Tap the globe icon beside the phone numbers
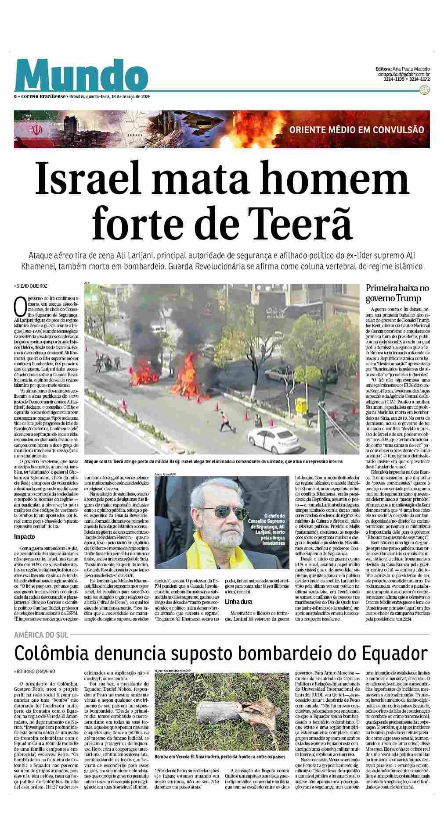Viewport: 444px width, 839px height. (x=424, y=90)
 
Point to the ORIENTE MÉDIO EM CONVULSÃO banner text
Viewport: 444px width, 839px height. (x=357, y=130)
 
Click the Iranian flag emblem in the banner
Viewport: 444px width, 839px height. (x=36, y=130)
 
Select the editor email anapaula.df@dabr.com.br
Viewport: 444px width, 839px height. (x=403, y=75)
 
